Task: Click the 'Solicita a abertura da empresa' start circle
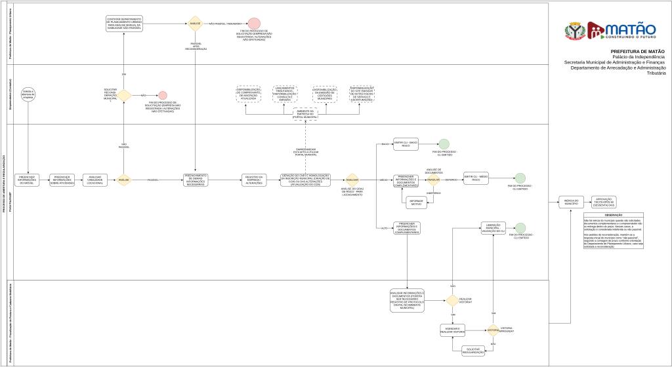pos(28,94)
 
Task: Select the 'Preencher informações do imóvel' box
pos(28,180)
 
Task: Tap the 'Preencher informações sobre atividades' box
pos(63,180)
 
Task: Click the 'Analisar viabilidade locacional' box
pos(95,180)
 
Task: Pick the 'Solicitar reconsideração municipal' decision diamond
pos(123,95)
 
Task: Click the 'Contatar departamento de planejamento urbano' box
pos(125,24)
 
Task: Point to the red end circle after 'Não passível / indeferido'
pos(253,24)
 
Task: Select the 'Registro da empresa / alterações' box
pos(254,180)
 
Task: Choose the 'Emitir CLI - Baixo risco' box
pos(406,144)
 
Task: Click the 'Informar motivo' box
pos(415,203)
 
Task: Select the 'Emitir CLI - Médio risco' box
pos(476,178)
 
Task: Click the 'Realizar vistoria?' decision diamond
pos(451,301)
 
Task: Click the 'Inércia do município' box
pos(570,203)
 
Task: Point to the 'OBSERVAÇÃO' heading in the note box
pos(613,215)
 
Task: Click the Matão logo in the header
pos(610,30)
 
